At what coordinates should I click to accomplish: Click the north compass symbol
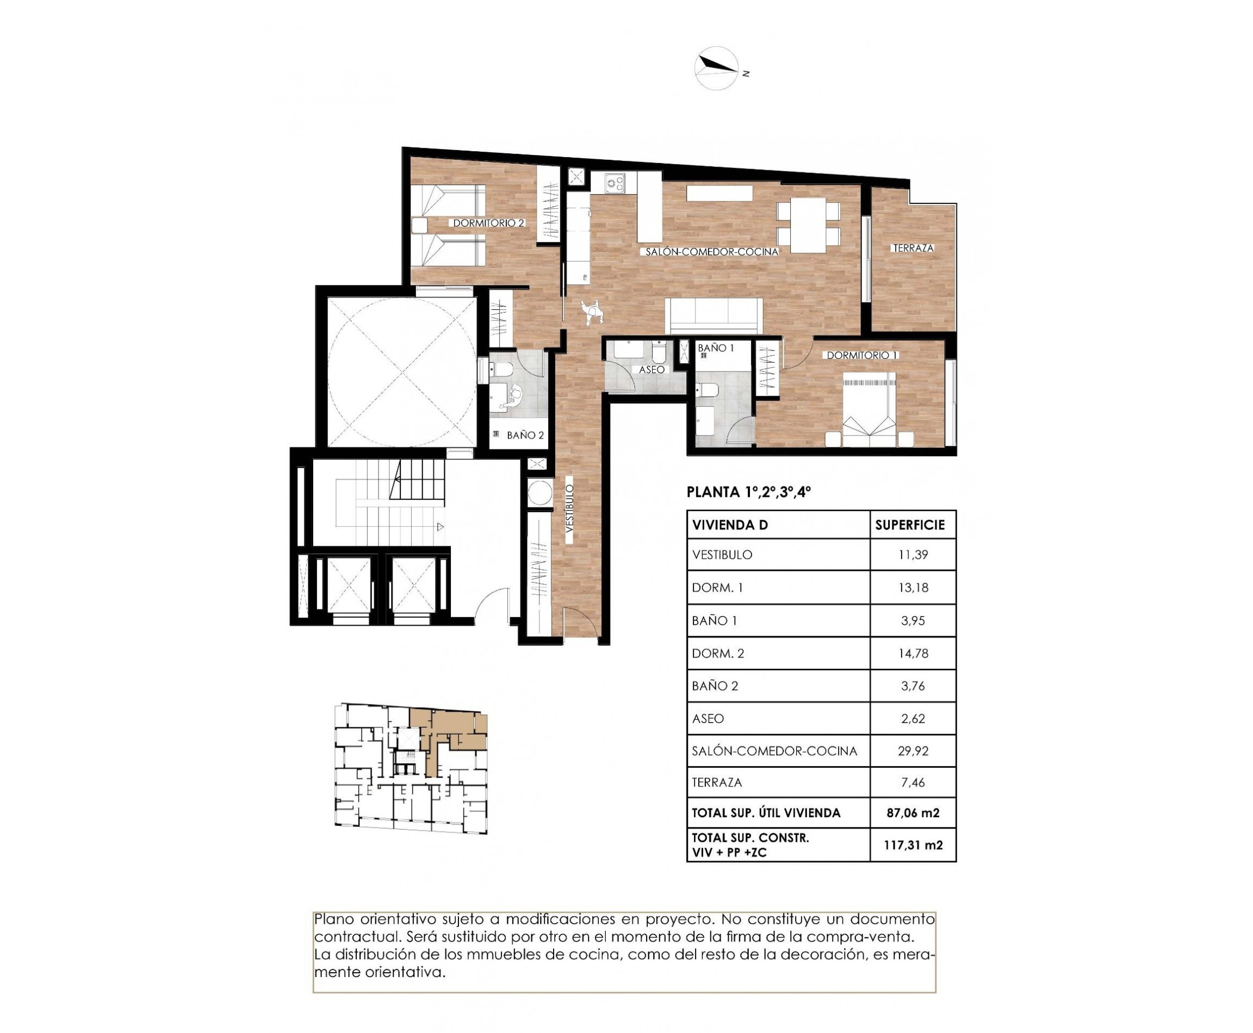click(x=717, y=69)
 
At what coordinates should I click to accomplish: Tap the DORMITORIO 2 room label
click(x=488, y=223)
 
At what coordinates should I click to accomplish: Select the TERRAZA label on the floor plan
click(x=913, y=248)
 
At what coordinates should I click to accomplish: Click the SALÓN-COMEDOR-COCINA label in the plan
click(x=712, y=252)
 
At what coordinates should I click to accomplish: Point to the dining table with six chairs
click(x=808, y=226)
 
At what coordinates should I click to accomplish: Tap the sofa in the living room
click(x=714, y=315)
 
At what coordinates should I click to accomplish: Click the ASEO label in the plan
click(x=651, y=370)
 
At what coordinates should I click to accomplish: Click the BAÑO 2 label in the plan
click(x=525, y=435)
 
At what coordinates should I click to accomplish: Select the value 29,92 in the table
click(x=913, y=751)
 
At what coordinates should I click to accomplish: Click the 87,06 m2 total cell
click(x=913, y=813)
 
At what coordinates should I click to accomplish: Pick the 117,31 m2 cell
click(x=913, y=845)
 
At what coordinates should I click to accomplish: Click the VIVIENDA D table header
click(x=730, y=525)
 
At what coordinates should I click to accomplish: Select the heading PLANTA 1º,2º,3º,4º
click(x=749, y=492)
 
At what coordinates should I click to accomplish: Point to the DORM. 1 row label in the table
click(x=717, y=587)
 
